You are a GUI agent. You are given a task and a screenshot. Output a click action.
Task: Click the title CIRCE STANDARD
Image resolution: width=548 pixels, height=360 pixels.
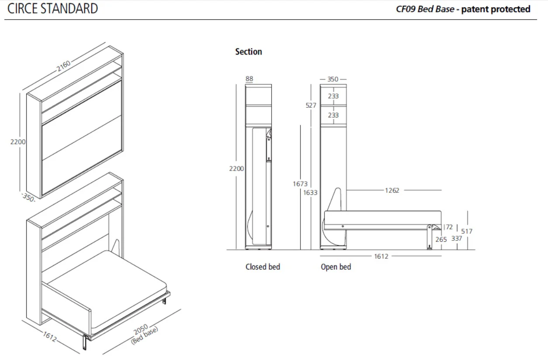(53, 9)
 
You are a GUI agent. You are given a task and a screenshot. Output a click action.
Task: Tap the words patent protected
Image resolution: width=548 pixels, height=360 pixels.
(496, 9)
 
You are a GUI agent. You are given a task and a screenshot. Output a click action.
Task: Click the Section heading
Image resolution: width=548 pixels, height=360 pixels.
(248, 51)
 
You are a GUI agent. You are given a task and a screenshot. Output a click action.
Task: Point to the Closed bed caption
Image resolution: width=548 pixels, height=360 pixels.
(262, 267)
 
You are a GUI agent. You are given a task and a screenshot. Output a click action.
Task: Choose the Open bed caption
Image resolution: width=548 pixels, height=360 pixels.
(336, 267)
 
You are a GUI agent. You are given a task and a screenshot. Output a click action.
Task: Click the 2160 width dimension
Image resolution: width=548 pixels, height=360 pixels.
(63, 66)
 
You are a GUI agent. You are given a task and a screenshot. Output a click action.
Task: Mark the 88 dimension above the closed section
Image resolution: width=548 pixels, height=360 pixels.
(249, 79)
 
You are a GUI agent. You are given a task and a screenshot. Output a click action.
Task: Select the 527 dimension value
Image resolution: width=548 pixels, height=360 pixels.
(311, 106)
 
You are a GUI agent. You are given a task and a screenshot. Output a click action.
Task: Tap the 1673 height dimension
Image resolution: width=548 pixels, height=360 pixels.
(300, 184)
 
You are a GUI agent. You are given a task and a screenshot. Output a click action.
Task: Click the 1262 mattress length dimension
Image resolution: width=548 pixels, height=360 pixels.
(392, 190)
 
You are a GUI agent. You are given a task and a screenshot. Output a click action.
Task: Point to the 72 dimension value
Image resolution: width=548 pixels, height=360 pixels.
(449, 227)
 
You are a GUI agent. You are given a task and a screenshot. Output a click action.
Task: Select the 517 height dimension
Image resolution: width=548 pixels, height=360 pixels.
(467, 231)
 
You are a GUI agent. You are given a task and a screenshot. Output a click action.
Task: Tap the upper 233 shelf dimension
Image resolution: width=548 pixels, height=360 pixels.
(333, 96)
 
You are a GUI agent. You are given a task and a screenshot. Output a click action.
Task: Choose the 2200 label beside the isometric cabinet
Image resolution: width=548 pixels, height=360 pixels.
(18, 142)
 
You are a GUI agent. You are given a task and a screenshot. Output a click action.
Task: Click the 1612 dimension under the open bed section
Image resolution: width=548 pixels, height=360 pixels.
(381, 256)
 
